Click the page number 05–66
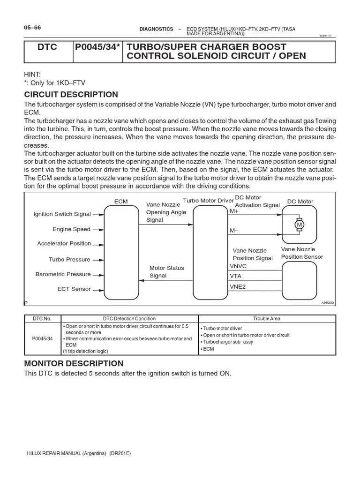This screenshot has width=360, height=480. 32,27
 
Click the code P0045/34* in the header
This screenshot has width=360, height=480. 97,47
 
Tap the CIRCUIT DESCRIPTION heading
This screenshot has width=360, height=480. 71,94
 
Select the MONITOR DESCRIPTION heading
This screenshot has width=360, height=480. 74,363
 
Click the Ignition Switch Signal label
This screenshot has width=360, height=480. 62,214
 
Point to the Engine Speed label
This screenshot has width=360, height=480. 71,229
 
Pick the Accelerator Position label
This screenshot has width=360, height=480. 64,244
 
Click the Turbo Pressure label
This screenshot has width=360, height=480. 69,259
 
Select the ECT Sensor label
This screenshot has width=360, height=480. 74,289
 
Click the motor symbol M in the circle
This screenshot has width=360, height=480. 299,225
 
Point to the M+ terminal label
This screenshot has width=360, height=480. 234,211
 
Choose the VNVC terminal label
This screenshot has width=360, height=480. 238,266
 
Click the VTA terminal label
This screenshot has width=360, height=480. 236,276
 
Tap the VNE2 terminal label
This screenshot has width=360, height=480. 238,286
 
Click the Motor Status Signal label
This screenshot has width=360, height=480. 166,272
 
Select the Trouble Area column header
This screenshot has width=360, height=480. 266,319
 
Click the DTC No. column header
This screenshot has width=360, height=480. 42,319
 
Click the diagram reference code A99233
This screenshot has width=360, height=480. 328,303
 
